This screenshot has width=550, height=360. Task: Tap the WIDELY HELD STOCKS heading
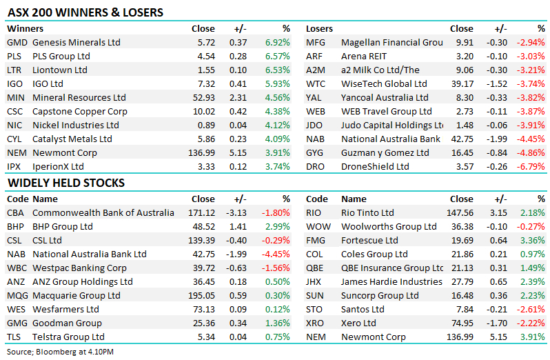pos(66,183)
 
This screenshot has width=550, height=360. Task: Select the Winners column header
pos(26,29)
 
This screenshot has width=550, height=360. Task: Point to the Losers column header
pos(319,29)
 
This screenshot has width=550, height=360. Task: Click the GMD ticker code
pos(17,43)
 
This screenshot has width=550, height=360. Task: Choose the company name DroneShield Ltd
pos(375,167)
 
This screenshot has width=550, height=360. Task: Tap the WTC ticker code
pos(316,84)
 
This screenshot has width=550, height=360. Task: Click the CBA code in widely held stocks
pos(17,213)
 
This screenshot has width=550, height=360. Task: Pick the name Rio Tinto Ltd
pos(368,213)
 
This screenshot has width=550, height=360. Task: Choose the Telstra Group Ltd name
pos(68,337)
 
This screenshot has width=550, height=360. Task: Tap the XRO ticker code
pos(315,323)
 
